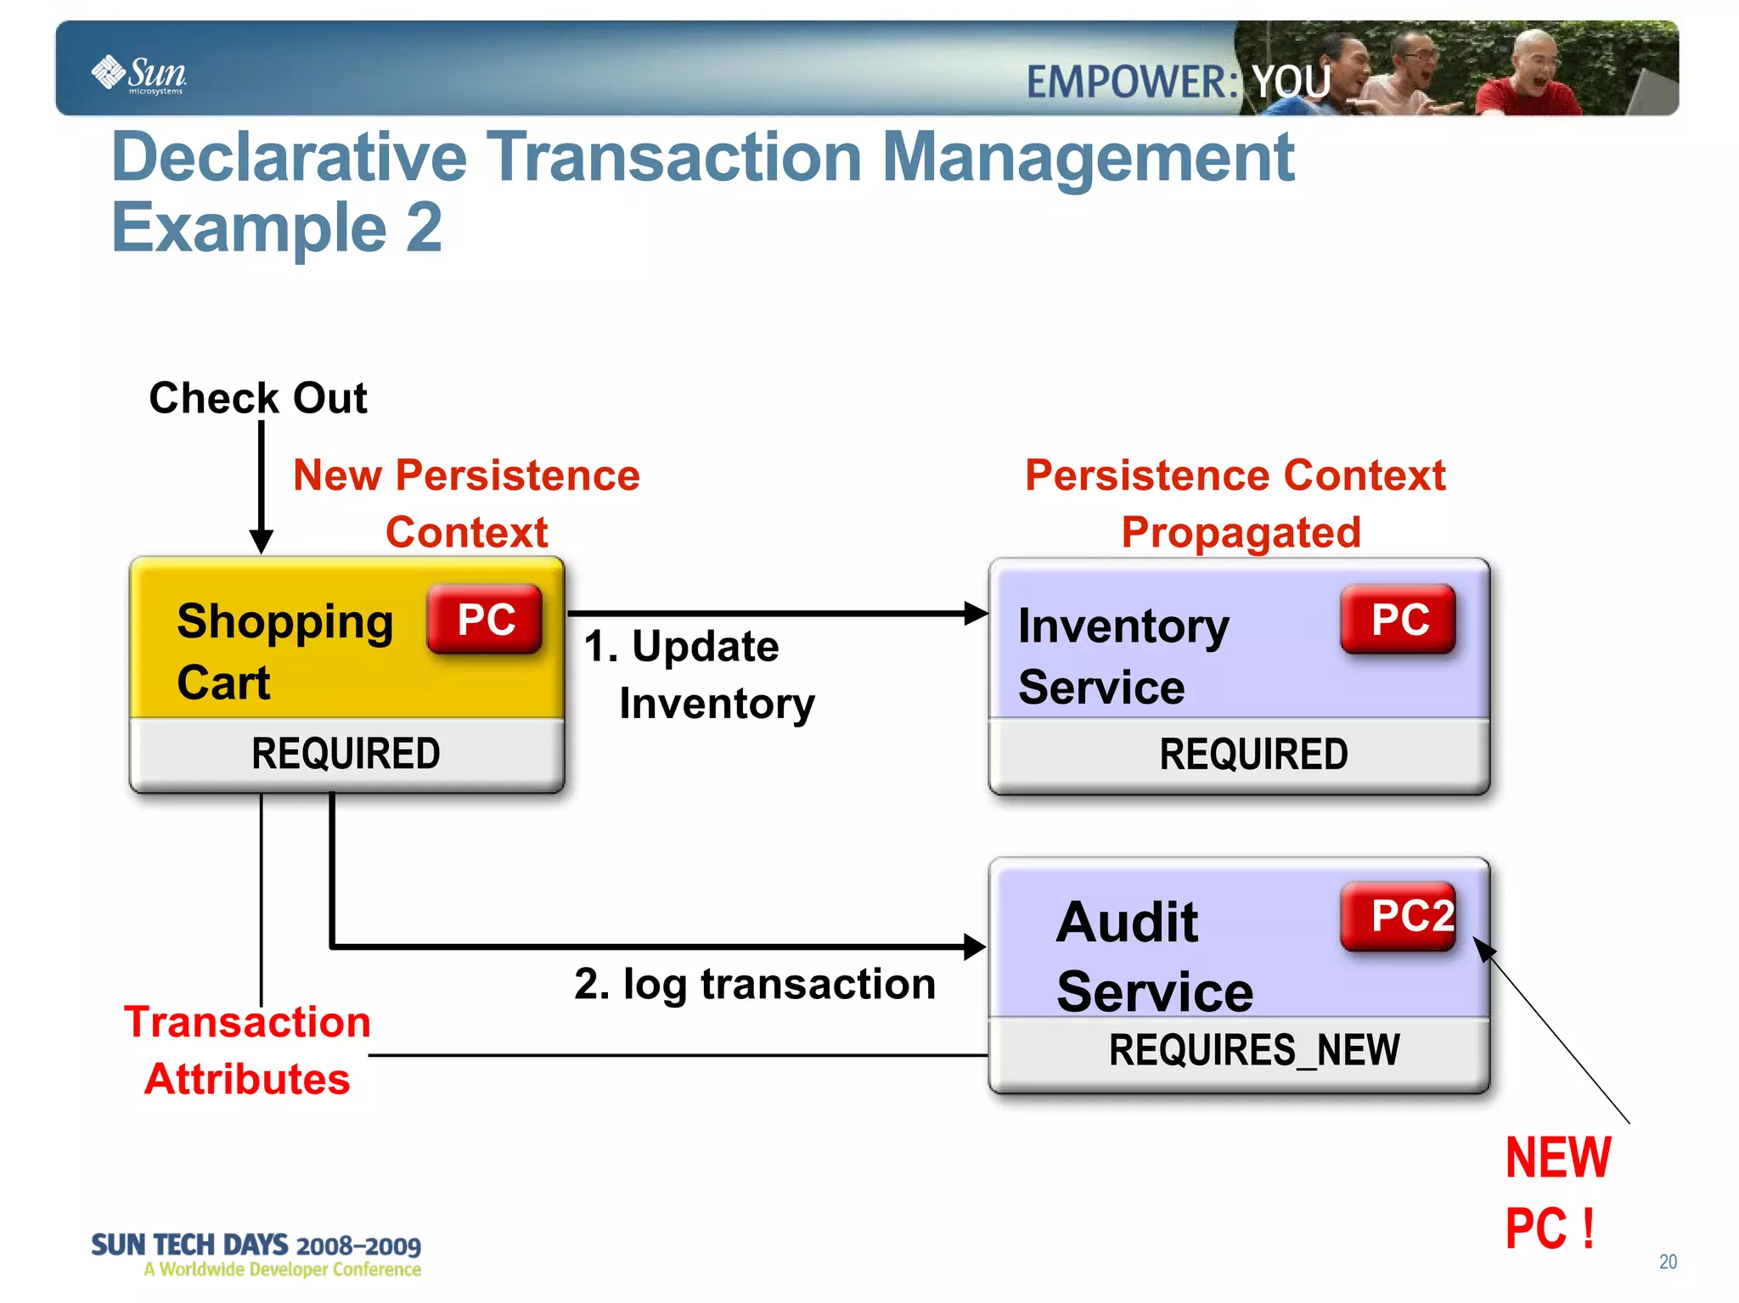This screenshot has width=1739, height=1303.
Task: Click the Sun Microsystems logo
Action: click(x=139, y=74)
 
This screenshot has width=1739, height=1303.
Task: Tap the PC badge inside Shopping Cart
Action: click(x=485, y=619)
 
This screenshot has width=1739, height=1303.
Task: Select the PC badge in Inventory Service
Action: click(x=1399, y=619)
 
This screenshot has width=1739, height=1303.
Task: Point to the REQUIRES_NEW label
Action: click(x=1253, y=1050)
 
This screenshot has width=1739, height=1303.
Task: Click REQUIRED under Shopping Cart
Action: click(x=346, y=754)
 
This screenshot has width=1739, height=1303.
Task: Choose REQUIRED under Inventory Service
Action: click(x=1253, y=754)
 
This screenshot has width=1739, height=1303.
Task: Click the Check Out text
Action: click(x=258, y=397)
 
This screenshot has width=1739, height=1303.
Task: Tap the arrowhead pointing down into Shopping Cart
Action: click(x=262, y=542)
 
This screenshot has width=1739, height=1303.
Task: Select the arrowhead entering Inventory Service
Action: click(x=976, y=613)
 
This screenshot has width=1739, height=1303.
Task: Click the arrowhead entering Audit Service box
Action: click(x=975, y=946)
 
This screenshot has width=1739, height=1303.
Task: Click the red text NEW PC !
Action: click(x=1556, y=1192)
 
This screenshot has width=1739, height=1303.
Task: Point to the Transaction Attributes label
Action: click(x=247, y=1050)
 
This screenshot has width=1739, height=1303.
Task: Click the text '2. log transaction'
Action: click(x=754, y=985)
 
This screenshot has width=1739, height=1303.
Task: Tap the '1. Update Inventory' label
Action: click(x=698, y=674)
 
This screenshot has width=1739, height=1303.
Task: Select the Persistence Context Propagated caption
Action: click(x=1235, y=503)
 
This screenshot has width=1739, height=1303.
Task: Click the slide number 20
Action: click(x=1668, y=1261)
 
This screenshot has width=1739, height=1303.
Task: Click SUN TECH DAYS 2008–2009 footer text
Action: click(x=256, y=1245)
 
